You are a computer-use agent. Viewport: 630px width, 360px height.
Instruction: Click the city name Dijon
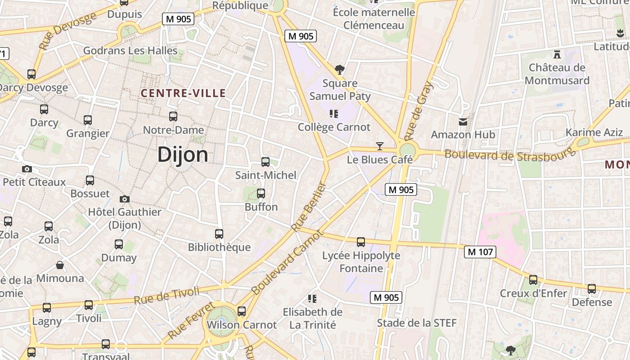pos(183,155)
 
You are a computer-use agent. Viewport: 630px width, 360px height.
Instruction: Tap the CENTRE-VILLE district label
pos(183,93)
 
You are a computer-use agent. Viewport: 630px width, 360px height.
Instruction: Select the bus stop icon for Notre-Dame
pos(173,117)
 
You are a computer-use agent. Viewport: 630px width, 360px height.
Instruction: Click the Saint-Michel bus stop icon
pos(265,162)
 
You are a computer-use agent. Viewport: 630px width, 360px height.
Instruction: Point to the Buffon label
pos(261,207)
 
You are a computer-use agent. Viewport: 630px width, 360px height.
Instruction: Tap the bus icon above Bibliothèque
pos(219,234)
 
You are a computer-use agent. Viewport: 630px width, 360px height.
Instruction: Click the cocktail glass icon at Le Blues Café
pos(380,146)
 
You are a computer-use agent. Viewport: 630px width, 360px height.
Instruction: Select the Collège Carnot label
pos(334,127)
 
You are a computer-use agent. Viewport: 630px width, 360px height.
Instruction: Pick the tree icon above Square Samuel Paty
pos(340,70)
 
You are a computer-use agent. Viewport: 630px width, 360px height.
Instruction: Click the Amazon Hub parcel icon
pos(463,121)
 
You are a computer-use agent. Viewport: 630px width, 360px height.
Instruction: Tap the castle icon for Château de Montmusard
pos(557,54)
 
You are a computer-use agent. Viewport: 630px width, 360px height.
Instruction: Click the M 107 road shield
pos(480,252)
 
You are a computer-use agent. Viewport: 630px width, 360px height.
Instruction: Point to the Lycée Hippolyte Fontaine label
pos(361,262)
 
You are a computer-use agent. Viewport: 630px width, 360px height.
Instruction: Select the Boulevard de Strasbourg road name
pos(510,154)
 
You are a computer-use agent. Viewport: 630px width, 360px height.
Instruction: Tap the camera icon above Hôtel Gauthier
pos(125,199)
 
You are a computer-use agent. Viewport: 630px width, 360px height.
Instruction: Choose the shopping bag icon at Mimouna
pos(59,265)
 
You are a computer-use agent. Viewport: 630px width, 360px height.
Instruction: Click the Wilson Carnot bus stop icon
pos(242,311)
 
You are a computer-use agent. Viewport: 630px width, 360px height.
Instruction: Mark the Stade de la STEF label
pos(417,323)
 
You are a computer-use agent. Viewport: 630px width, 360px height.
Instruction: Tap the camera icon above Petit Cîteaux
pos(27,169)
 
